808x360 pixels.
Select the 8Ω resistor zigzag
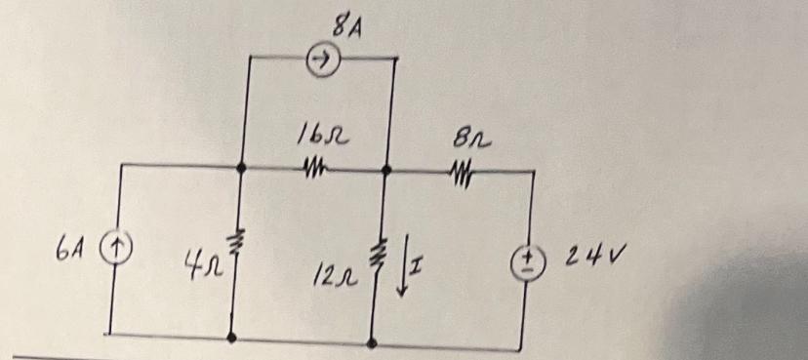460,174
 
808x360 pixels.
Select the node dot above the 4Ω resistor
240,168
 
